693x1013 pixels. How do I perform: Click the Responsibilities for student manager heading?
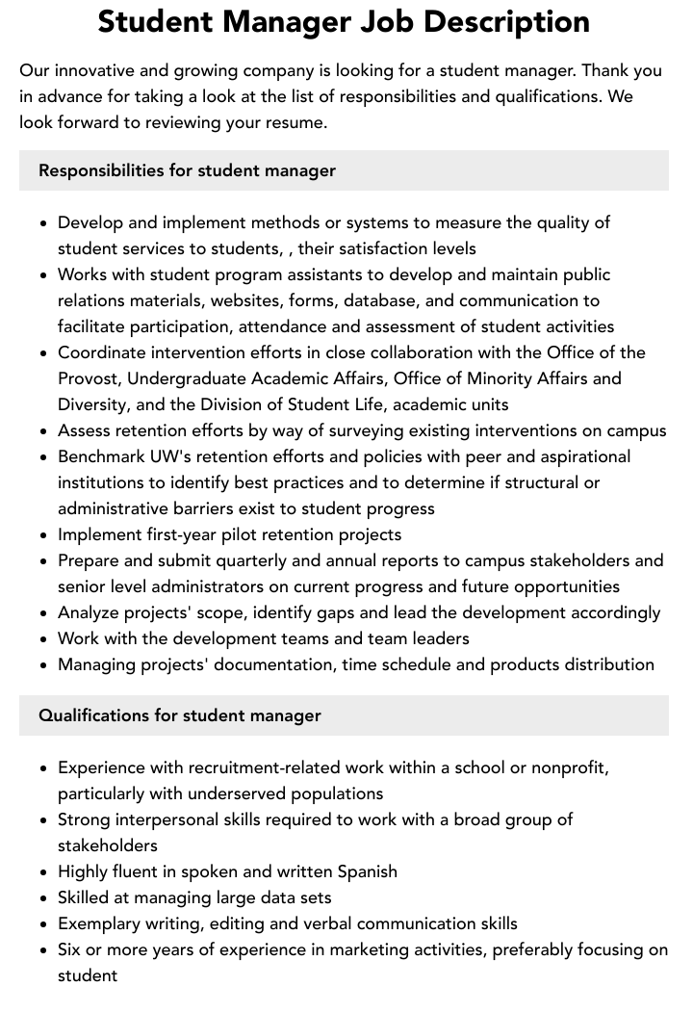tap(187, 170)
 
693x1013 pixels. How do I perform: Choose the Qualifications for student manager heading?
tap(179, 715)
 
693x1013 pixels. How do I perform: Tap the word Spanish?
tap(367, 871)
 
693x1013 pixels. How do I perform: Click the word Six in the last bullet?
tap(70, 949)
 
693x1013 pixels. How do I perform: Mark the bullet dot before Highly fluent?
tap(44, 872)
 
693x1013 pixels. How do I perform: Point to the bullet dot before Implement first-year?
tap(44, 535)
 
